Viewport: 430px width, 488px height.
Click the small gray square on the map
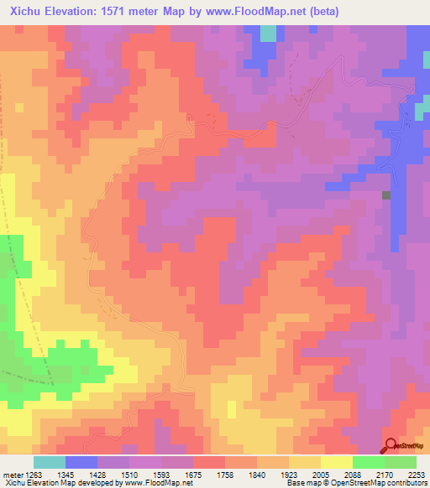(x=386, y=195)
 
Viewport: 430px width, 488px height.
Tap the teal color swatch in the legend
(x=50, y=462)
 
